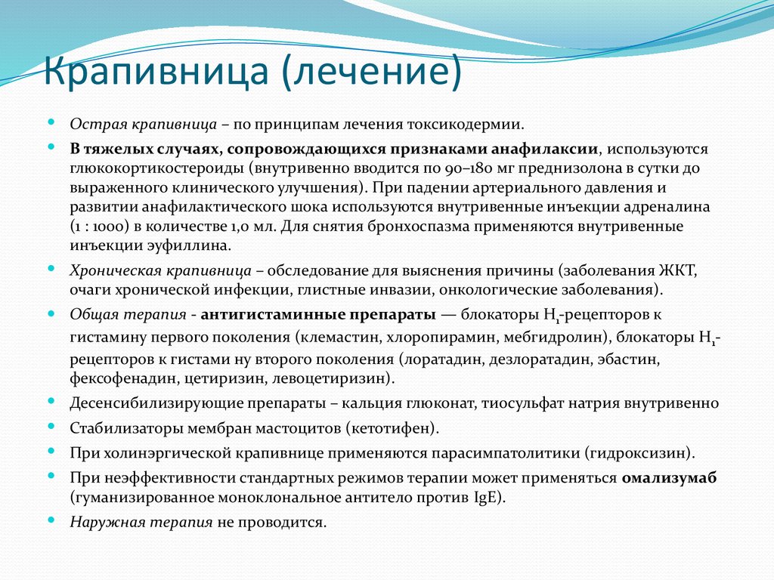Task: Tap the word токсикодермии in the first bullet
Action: tap(472, 125)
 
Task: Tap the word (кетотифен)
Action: tap(393, 429)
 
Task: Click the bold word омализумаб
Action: tap(670, 478)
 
